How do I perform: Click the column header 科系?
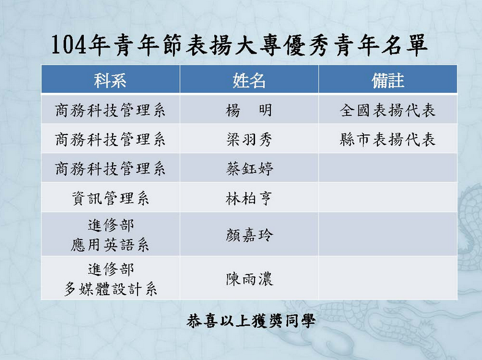(110, 80)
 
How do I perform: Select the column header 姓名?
(249, 80)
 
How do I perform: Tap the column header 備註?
(388, 80)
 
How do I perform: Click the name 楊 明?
(249, 110)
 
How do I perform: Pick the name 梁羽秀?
(249, 139)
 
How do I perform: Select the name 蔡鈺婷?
(250, 169)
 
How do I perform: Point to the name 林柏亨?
(249, 199)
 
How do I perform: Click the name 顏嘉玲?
(250, 235)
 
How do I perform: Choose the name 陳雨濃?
(250, 279)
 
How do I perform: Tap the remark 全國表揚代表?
(388, 110)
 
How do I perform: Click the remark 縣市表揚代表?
(388, 139)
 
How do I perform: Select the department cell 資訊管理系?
(110, 199)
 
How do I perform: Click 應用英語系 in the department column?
(110, 245)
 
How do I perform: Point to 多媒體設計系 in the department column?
(110, 289)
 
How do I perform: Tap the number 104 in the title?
(69, 45)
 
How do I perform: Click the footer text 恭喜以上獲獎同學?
(251, 321)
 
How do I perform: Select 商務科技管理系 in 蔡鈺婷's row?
(110, 169)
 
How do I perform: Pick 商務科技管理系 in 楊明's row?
(110, 110)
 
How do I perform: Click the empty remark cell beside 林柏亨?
(388, 197)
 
